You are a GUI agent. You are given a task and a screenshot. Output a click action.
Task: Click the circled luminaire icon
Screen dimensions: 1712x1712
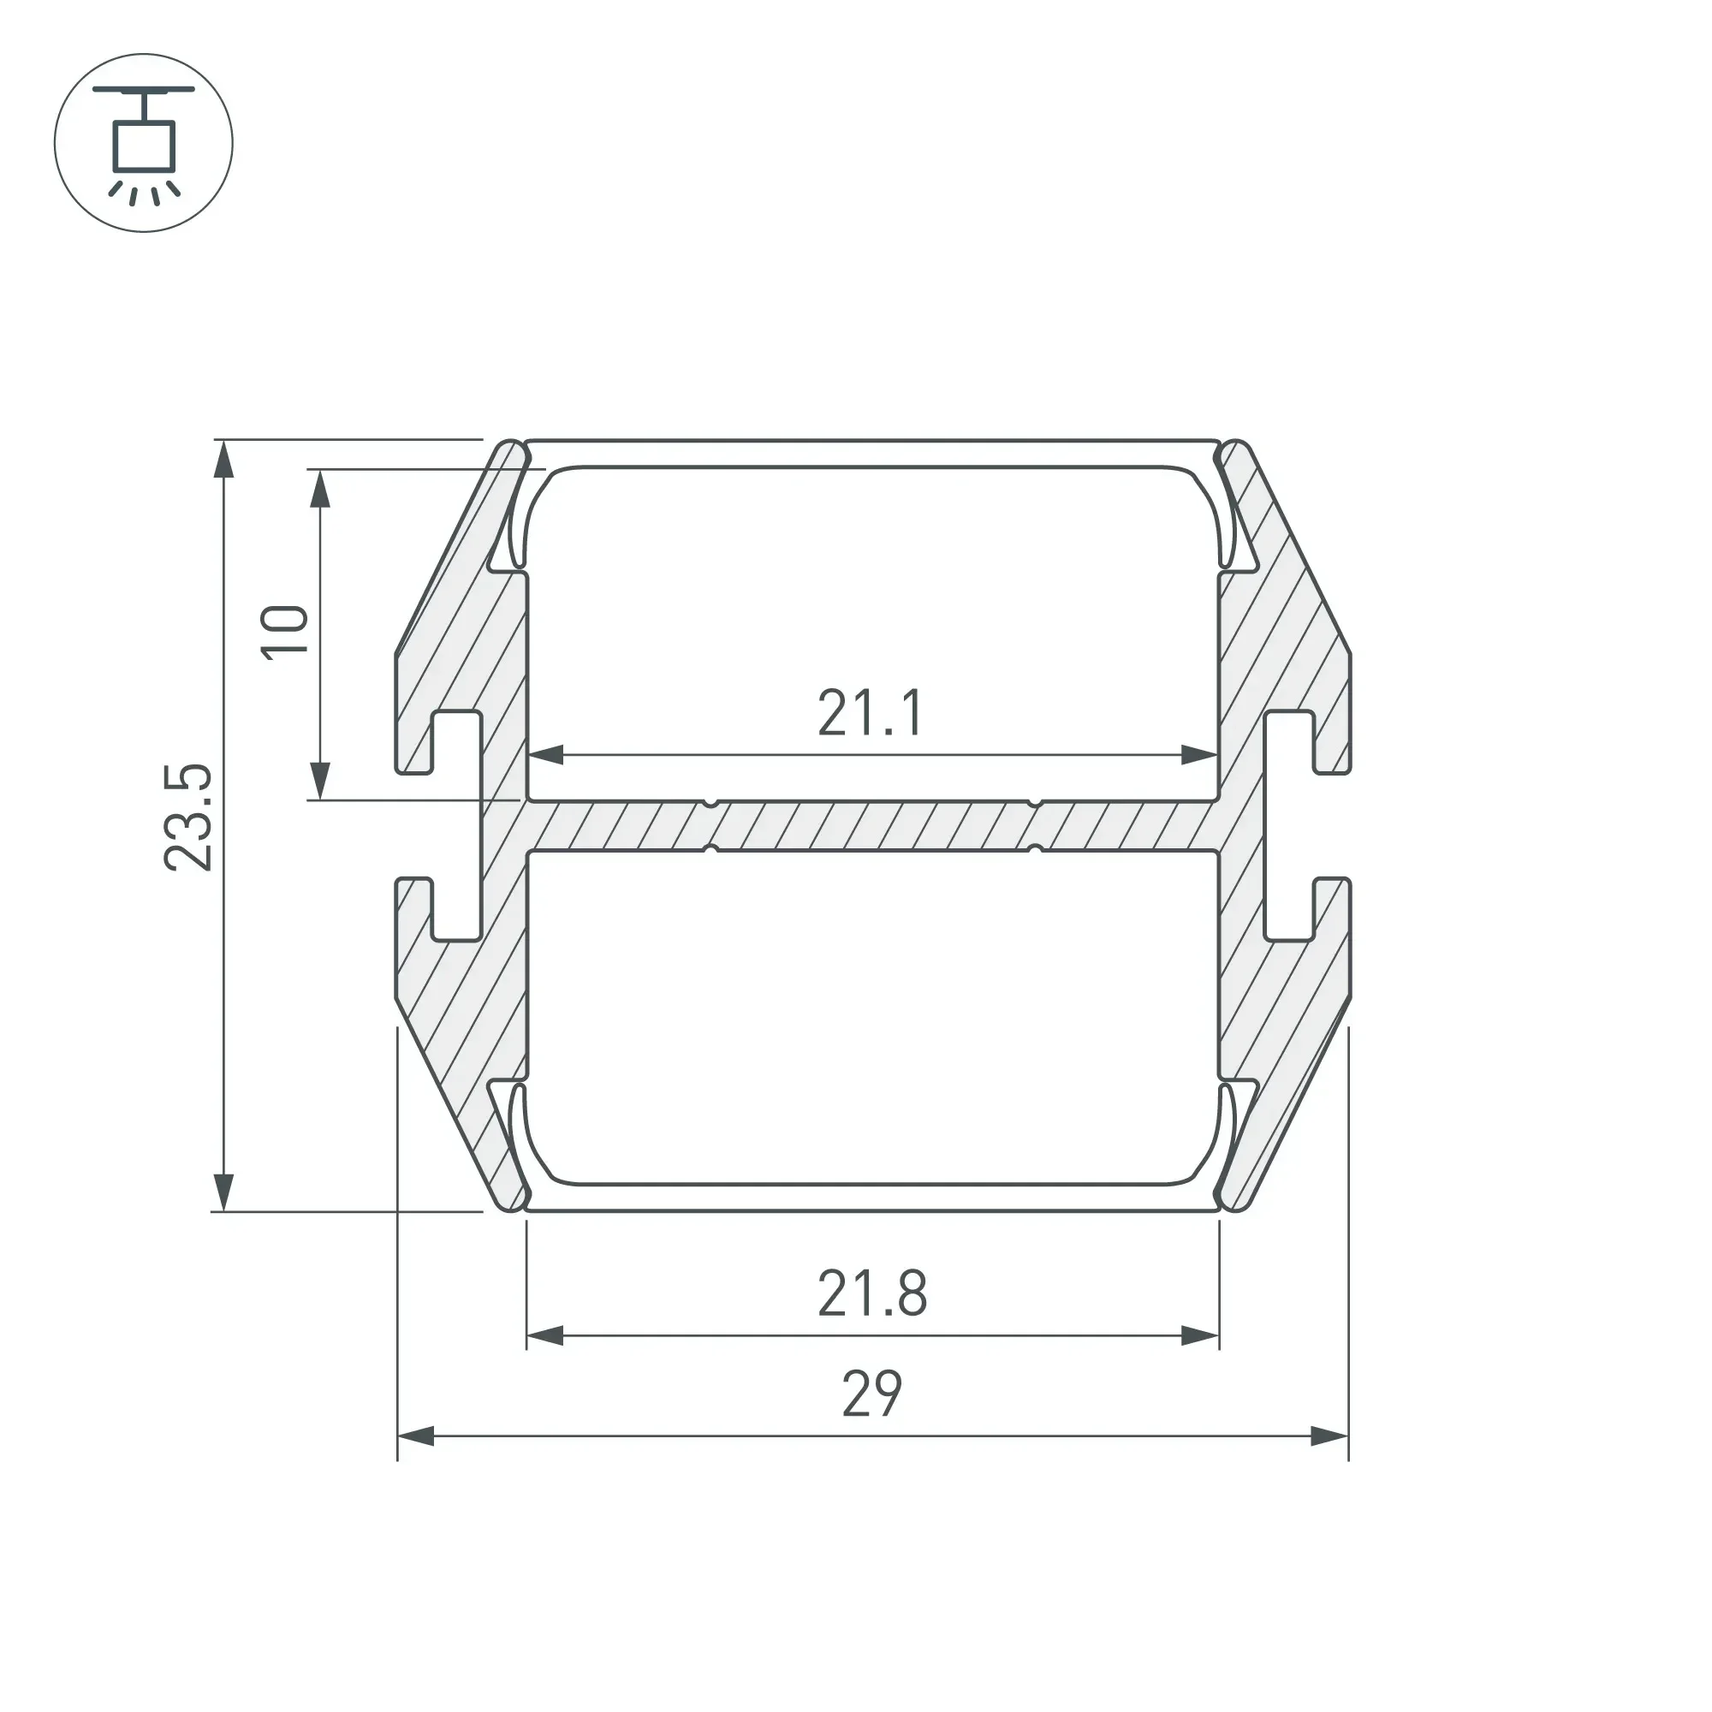point(144,143)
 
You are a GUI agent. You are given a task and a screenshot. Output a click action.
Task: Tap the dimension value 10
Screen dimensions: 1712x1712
point(285,632)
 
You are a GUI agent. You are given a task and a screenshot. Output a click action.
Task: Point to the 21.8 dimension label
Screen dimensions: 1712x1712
point(873,1293)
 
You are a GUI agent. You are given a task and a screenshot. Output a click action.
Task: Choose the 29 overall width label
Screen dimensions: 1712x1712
point(873,1393)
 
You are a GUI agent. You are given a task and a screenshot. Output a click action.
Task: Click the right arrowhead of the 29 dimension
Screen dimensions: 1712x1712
point(1329,1436)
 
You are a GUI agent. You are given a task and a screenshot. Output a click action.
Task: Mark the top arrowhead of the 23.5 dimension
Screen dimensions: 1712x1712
point(224,459)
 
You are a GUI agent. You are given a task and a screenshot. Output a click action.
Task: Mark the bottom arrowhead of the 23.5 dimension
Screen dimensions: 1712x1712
point(224,1192)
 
